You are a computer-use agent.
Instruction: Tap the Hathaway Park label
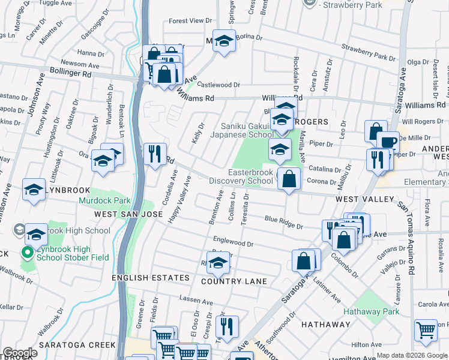(371, 311)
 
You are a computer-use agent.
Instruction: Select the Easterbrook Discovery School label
(241, 176)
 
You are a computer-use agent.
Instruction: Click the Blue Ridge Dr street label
(284, 223)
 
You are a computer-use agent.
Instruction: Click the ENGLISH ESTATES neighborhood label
(151, 278)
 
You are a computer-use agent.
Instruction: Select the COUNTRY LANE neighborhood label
(229, 281)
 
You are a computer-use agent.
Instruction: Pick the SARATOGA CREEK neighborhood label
(77, 345)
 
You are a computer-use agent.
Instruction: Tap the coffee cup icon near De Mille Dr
(388, 142)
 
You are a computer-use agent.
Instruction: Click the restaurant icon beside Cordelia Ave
(155, 154)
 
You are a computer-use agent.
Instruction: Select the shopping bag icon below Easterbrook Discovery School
(289, 178)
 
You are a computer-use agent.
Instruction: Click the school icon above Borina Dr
(224, 41)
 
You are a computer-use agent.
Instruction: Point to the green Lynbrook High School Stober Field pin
(26, 253)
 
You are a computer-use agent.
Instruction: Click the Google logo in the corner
(20, 352)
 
